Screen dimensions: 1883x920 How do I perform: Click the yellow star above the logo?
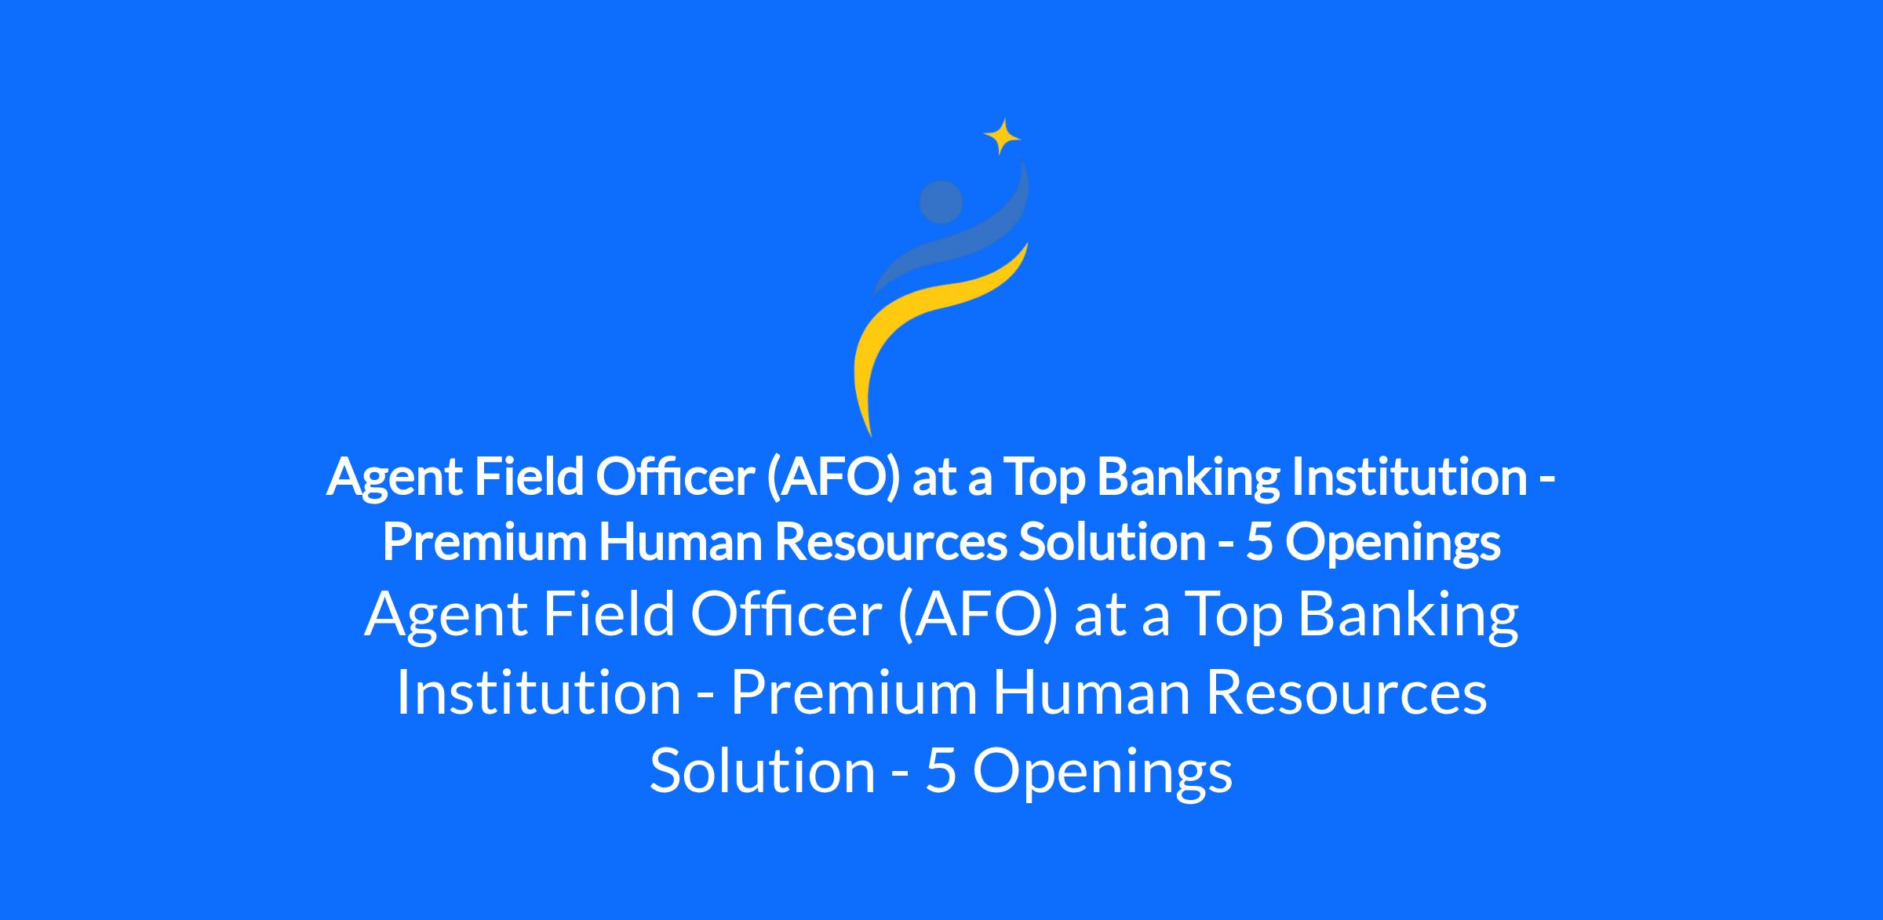click(1002, 136)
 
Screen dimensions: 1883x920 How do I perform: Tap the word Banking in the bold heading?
click(1188, 478)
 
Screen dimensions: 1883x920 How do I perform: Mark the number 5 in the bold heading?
click(1258, 543)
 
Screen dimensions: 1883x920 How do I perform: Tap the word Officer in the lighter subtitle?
click(786, 614)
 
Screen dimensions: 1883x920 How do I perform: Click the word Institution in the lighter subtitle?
click(538, 693)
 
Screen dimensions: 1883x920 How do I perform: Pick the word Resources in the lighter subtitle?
click(1346, 693)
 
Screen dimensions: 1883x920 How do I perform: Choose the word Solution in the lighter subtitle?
click(763, 769)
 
